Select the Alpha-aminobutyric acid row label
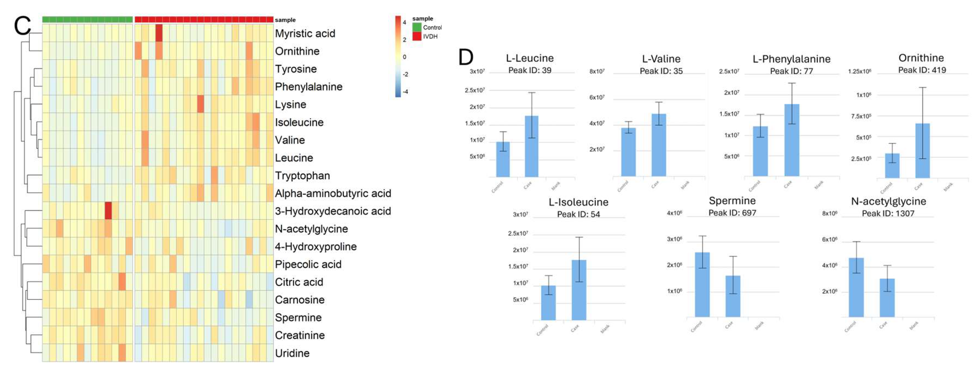point(333,193)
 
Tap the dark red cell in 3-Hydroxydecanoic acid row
point(108,211)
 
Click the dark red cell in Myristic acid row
point(159,33)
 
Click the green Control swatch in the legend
point(417,27)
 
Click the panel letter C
point(22,26)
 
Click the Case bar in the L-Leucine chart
point(531,146)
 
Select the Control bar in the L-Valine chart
point(629,152)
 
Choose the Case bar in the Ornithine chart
point(922,150)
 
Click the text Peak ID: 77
point(791,71)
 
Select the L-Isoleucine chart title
point(578,202)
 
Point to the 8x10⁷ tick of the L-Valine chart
point(597,71)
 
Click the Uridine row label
point(292,353)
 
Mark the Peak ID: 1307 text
point(888,214)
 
